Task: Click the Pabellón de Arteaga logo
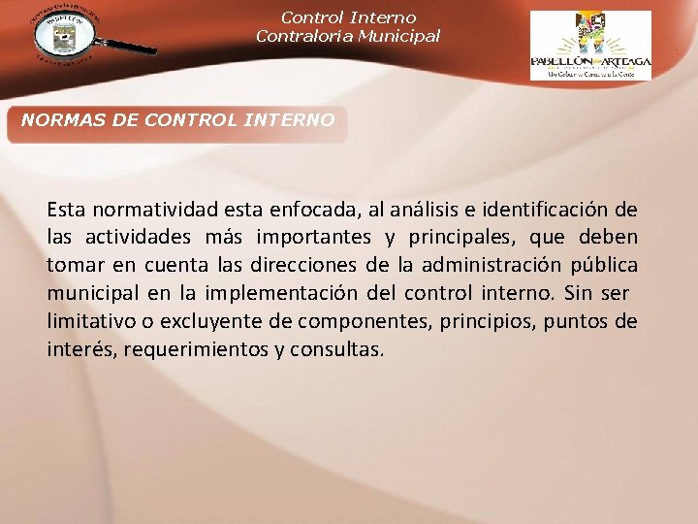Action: (x=590, y=45)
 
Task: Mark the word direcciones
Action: (x=307, y=266)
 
